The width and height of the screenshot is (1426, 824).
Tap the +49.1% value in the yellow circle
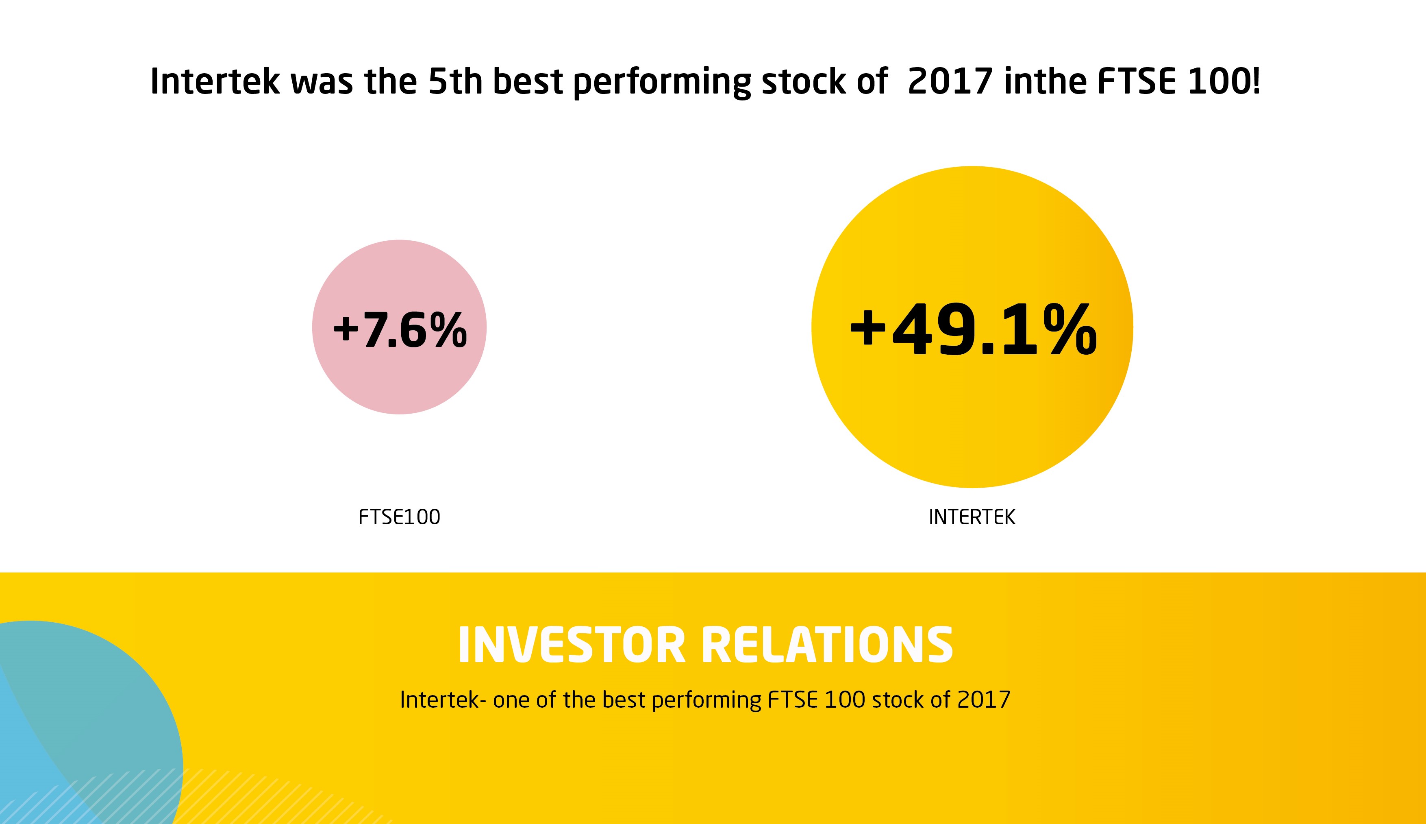click(x=973, y=329)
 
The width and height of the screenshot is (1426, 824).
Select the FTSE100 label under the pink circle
click(x=399, y=517)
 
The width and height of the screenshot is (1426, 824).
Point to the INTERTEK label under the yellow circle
click(x=972, y=517)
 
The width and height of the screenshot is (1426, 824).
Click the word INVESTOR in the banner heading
click(x=572, y=645)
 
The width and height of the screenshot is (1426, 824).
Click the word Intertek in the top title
click(x=215, y=81)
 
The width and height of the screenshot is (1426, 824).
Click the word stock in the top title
click(x=804, y=81)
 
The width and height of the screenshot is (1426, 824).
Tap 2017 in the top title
click(x=950, y=81)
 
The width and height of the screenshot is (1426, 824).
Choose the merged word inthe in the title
click(x=1046, y=81)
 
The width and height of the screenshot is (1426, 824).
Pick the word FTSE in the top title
click(x=1137, y=81)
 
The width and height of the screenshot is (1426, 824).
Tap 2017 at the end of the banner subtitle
click(x=984, y=700)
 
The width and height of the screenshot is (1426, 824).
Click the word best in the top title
click(x=528, y=81)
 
